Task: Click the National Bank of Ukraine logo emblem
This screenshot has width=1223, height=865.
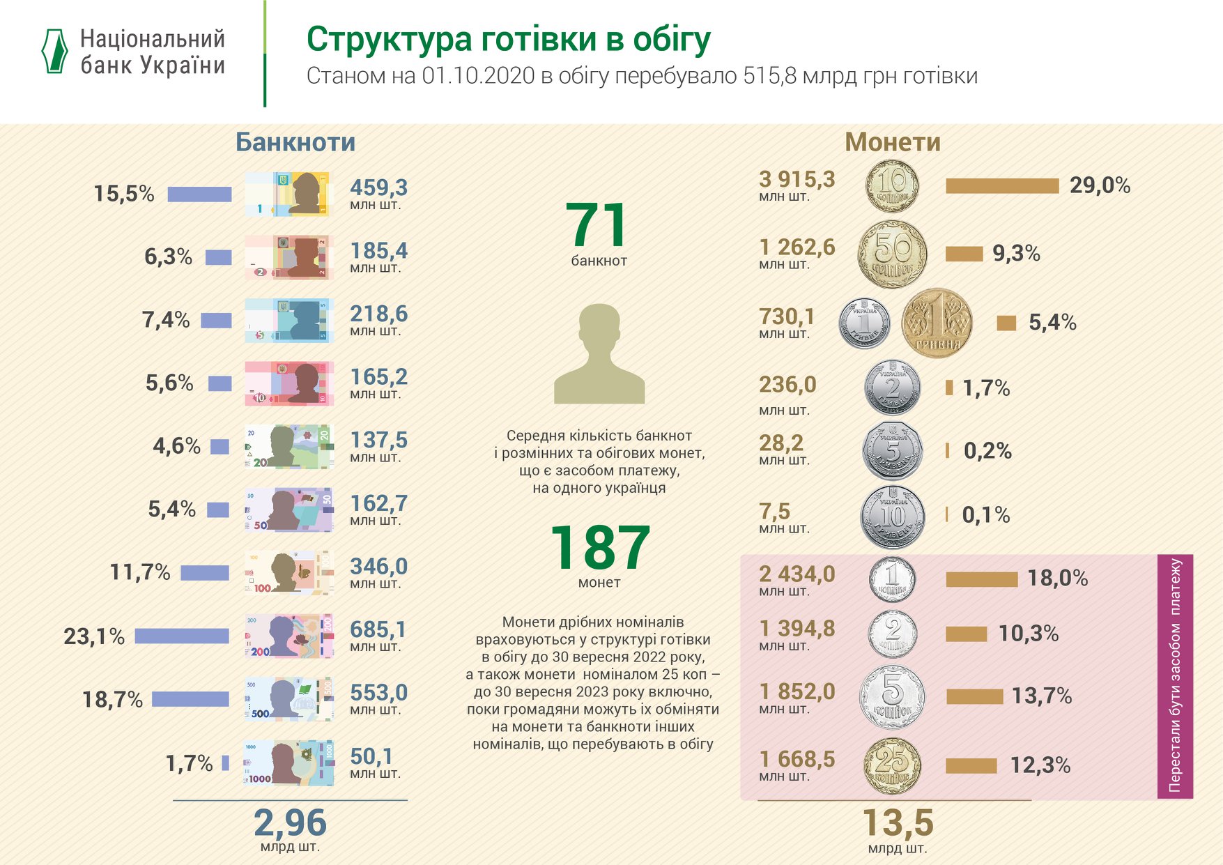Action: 54,51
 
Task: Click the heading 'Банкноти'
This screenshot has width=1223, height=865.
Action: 295,142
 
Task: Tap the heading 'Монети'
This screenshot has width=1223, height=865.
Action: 892,142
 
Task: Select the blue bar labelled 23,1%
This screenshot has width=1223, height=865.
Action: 182,636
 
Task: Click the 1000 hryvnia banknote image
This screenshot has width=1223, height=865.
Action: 289,763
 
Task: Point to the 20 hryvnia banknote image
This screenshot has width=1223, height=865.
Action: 289,446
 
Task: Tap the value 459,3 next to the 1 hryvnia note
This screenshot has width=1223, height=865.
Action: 378,187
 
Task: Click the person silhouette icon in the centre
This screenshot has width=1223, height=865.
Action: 599,354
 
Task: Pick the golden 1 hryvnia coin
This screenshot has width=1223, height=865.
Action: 936,323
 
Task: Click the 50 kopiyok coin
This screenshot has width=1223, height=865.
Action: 892,254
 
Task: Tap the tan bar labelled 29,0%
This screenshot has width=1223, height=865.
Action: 1001,185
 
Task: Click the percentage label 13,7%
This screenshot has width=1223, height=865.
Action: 1041,696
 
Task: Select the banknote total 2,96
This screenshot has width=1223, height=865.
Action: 290,822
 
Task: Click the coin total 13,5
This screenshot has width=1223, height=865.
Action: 898,822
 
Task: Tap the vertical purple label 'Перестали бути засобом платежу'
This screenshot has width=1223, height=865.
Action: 1175,676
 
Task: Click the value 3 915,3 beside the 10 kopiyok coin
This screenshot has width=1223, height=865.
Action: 797,180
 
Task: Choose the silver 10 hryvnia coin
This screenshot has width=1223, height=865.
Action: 893,516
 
